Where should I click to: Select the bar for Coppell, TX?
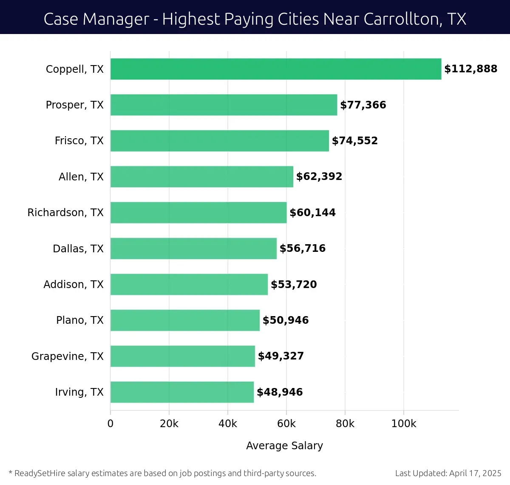tap(275, 69)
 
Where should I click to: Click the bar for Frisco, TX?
tap(219, 141)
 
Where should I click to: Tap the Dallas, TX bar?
tap(193, 248)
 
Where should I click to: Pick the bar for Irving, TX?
tap(182, 392)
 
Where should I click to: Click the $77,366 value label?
tap(363, 105)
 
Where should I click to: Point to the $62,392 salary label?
tap(319, 177)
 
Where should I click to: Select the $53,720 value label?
tap(294, 284)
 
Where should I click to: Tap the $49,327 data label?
tap(280, 356)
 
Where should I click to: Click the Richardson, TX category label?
tap(65, 212)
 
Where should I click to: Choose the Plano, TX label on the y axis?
tap(80, 320)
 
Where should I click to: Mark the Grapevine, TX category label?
tap(67, 356)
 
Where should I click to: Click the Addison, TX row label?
tap(73, 284)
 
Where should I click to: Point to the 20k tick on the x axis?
tap(169, 424)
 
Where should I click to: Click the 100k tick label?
tap(403, 424)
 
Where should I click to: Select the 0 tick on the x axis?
tap(110, 424)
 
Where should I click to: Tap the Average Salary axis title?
tap(284, 445)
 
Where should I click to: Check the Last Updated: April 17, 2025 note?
tap(448, 473)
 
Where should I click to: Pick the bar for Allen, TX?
tap(201, 177)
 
